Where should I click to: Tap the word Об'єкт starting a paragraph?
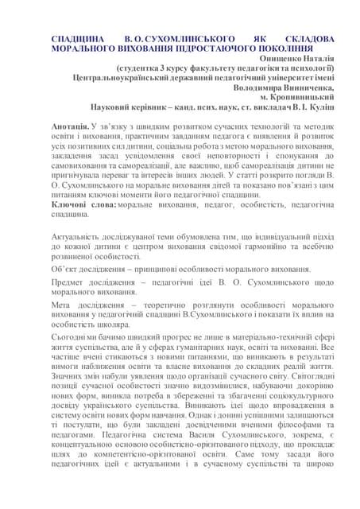66,270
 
